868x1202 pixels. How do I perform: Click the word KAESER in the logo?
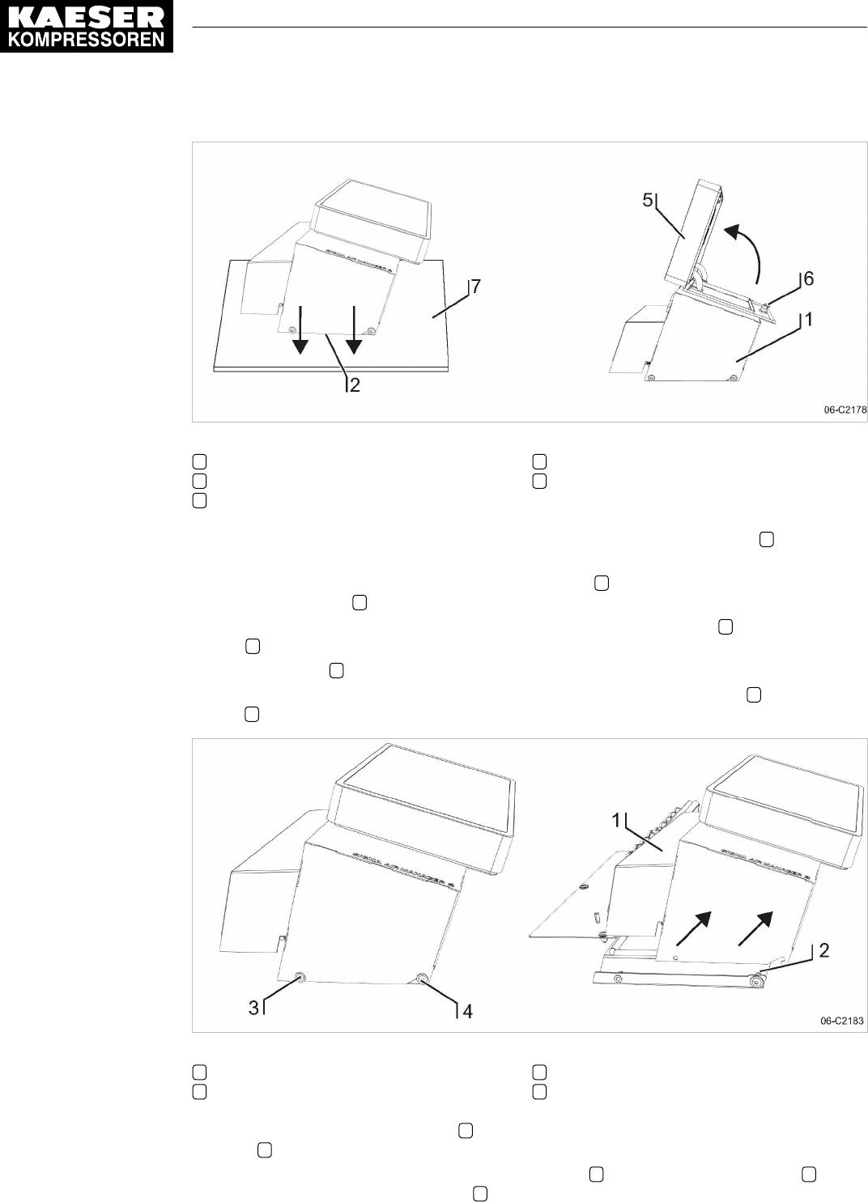point(87,15)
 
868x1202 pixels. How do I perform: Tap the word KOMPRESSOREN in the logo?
point(87,39)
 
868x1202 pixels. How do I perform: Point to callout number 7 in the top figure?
point(476,287)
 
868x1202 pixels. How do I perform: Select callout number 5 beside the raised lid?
point(648,200)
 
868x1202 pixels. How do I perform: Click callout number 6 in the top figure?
point(808,278)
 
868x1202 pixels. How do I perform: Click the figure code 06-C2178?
point(845,410)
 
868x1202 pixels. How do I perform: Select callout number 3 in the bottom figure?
point(253,1008)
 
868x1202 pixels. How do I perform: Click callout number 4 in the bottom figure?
point(467,1011)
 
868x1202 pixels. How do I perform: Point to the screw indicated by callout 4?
point(423,980)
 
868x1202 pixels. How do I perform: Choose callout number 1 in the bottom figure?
point(616,820)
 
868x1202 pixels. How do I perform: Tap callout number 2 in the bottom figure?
point(823,949)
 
